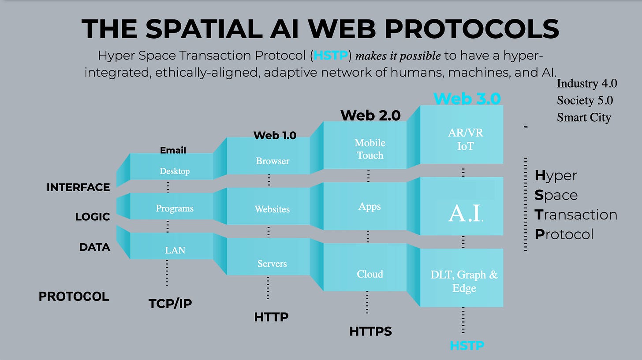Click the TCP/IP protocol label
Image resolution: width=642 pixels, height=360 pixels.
[170, 303]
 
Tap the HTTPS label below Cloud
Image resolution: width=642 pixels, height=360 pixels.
[370, 331]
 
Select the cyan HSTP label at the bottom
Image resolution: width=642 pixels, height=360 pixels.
[467, 345]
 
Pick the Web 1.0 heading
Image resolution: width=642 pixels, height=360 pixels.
[275, 135]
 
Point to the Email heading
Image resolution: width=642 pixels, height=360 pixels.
[173, 150]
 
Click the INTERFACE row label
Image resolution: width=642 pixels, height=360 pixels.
[78, 187]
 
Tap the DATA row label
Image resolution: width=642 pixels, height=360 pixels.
[94, 247]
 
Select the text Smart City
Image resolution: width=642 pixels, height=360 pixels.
[584, 118]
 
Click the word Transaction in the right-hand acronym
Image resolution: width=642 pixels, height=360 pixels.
[576, 215]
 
